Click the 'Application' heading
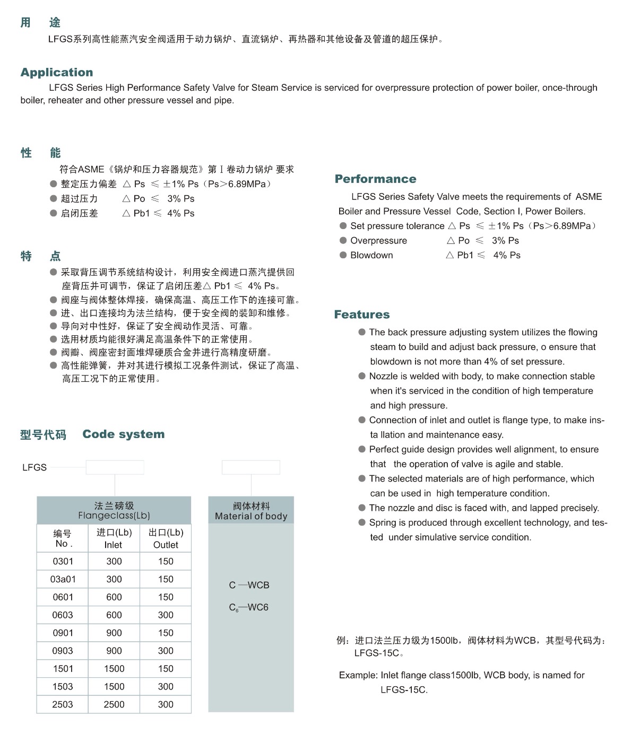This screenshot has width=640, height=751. (x=57, y=72)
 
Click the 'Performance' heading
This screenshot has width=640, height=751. (x=375, y=179)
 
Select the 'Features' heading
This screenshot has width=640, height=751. (x=361, y=315)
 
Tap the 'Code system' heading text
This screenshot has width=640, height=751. (x=123, y=434)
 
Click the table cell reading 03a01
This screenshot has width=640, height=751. (x=63, y=579)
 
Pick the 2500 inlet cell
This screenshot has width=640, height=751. (x=114, y=704)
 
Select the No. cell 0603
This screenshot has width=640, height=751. (x=63, y=615)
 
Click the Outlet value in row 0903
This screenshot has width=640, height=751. (x=166, y=651)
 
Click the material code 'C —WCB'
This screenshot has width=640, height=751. (x=249, y=585)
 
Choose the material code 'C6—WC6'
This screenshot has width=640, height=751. (x=248, y=608)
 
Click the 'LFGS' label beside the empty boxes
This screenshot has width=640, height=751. (x=34, y=467)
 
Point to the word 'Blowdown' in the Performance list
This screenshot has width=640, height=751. (x=371, y=255)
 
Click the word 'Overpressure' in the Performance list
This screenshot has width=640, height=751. (x=378, y=241)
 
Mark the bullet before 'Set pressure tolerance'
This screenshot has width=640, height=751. (x=343, y=226)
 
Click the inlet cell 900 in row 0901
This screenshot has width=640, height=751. (x=114, y=633)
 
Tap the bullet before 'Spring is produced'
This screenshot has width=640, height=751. (x=362, y=522)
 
